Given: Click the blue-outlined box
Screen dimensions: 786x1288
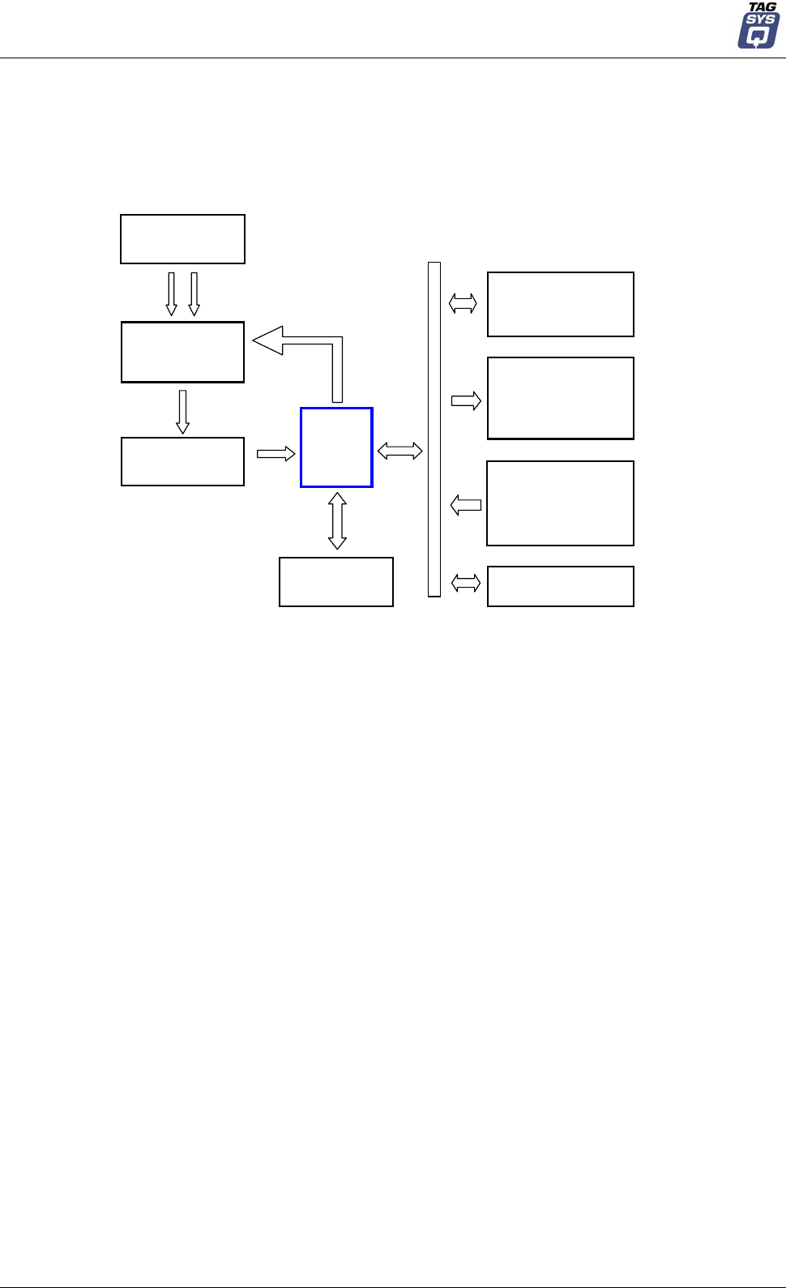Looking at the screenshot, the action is click(336, 447).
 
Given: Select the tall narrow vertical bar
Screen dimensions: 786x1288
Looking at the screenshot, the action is click(434, 430).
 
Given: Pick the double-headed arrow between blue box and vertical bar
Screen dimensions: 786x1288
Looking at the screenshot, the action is click(400, 450).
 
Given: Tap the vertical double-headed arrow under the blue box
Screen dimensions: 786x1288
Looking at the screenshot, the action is click(338, 520).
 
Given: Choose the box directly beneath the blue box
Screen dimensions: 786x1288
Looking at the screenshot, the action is click(336, 582).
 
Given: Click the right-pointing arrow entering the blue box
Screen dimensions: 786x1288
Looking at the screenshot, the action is click(276, 454).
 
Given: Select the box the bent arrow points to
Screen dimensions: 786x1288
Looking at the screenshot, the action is click(182, 352).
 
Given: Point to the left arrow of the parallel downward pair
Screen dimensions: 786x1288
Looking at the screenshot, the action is click(171, 293).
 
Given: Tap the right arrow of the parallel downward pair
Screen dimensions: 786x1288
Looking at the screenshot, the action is click(194, 293).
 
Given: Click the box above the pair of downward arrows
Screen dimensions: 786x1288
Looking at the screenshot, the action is click(182, 239).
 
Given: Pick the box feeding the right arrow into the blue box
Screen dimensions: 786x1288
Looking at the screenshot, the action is click(182, 461).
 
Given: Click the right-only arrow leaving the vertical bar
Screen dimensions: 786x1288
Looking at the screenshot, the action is click(466, 400).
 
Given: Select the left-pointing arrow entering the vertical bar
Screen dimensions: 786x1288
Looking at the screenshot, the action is click(466, 506).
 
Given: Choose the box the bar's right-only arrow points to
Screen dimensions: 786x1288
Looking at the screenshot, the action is click(561, 398).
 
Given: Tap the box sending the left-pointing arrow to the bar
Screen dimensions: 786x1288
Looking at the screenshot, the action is click(560, 503).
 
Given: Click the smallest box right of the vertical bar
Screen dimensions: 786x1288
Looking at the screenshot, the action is click(561, 586).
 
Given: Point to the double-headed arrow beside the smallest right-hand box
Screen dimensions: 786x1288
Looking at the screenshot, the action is click(466, 583).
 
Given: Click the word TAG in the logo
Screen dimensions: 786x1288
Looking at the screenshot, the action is click(762, 7).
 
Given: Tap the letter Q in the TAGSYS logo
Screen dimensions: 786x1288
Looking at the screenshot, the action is click(757, 36).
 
